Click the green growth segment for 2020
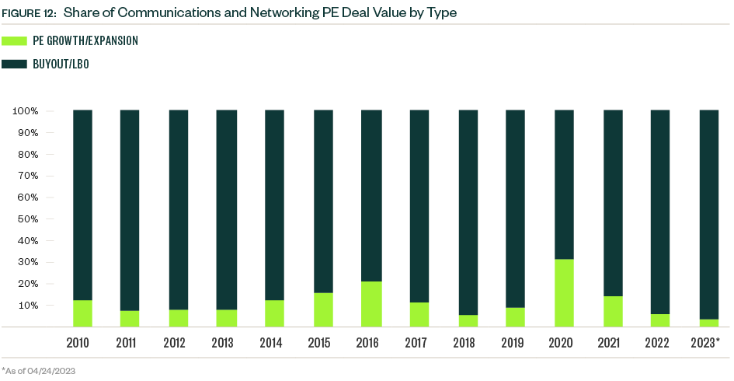(564, 293)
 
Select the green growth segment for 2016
(371, 304)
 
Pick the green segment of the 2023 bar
(709, 323)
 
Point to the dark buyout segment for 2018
(468, 212)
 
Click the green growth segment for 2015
(323, 309)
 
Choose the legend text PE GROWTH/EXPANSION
(85, 40)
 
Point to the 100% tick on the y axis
(25, 111)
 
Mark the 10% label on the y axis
(27, 306)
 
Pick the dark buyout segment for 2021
(613, 203)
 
